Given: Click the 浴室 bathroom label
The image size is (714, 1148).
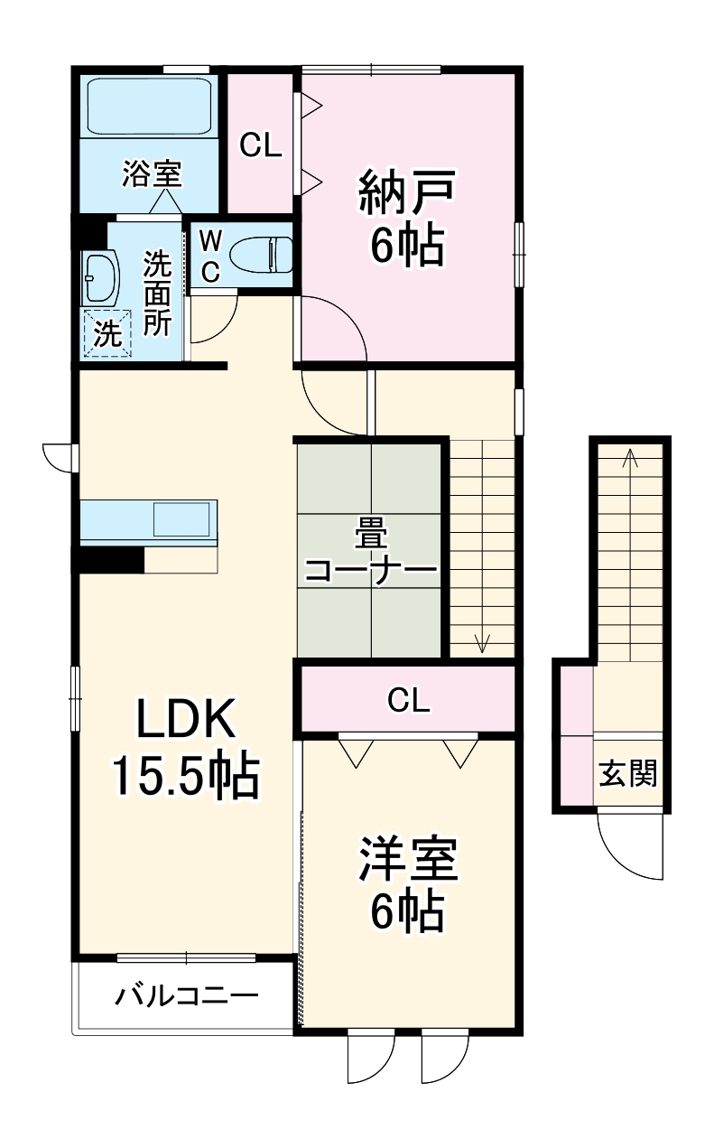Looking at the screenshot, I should pos(152,173).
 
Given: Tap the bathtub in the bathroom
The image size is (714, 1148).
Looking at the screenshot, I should pos(148,107).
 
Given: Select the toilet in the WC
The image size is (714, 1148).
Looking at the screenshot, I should pos(262,254).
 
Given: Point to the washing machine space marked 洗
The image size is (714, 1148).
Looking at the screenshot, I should pos(107,334).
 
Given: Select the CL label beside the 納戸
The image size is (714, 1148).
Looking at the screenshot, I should pos(260,145).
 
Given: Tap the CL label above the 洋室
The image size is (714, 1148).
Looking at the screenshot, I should pos(408,699).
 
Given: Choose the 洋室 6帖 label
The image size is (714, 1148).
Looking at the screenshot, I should pos(408,885).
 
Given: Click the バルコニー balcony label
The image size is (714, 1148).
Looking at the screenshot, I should pos(187,997).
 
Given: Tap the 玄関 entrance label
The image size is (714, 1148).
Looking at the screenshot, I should pos(629,774).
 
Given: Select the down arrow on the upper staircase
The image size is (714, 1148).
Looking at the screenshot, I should pos(482,642).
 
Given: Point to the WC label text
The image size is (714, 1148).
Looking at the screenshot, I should pos(209,256).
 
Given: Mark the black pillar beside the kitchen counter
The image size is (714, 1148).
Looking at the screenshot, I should pos(111,560).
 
